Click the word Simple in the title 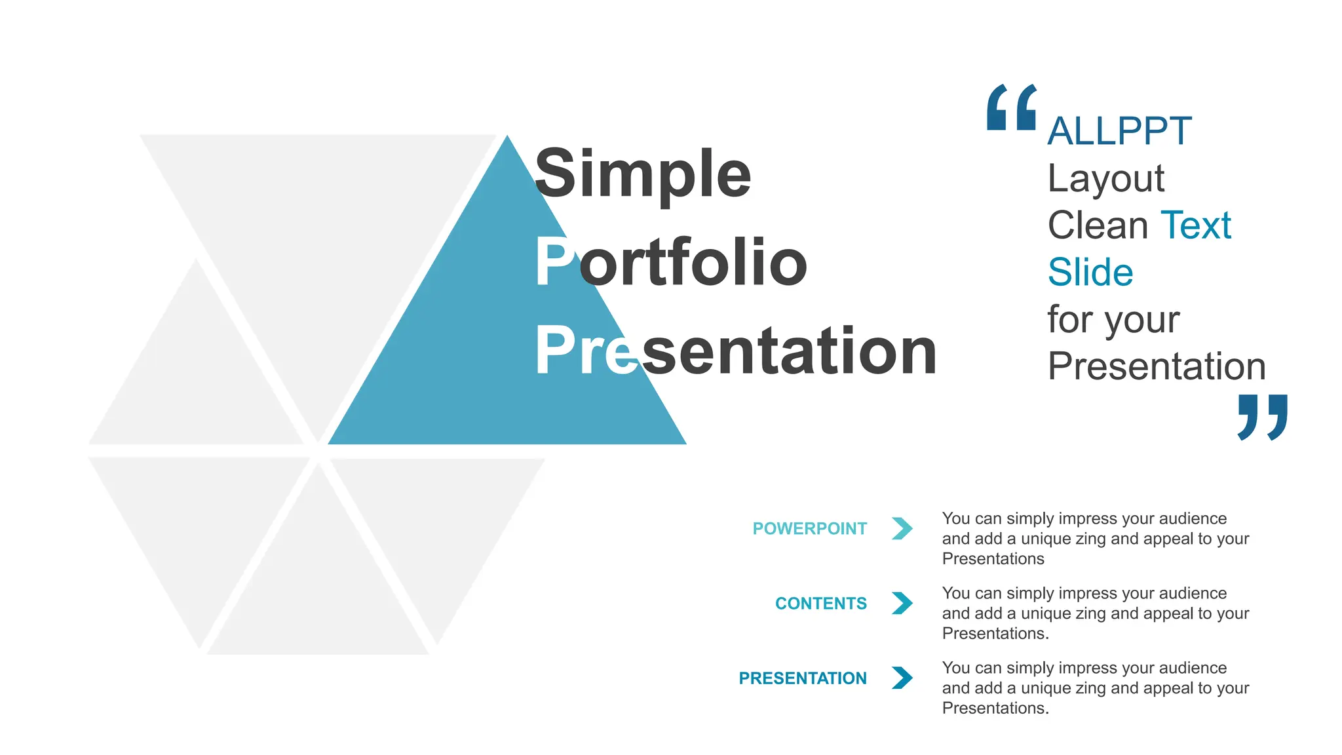click(643, 174)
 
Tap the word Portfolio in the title click(670, 262)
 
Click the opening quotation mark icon click(1011, 107)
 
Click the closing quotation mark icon click(1263, 417)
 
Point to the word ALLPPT click(1119, 131)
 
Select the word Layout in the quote click(1105, 178)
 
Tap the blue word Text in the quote click(1196, 225)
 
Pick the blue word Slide click(1090, 272)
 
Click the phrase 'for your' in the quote click(1113, 320)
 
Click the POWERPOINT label click(809, 528)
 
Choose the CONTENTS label click(820, 603)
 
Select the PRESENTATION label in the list click(802, 678)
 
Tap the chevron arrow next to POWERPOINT click(902, 528)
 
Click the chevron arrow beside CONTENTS click(902, 603)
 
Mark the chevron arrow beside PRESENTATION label click(902, 678)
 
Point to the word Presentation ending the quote click(1157, 366)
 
